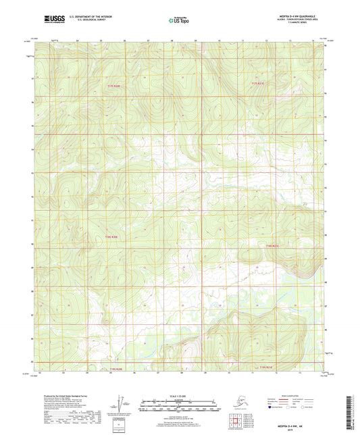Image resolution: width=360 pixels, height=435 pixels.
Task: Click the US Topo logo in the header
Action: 180,21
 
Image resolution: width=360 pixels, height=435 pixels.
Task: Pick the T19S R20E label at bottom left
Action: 117,369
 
